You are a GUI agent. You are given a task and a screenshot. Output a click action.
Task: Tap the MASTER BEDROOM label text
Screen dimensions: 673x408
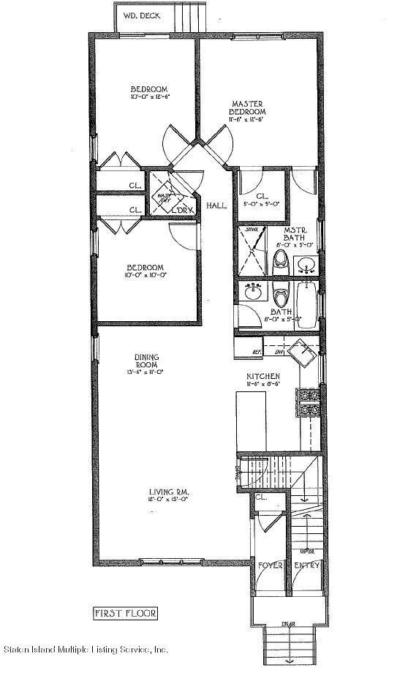249,108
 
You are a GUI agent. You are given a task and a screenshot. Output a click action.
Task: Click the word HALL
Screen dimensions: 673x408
216,206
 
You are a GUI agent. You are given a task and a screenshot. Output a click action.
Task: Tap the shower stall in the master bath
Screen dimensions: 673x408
253,249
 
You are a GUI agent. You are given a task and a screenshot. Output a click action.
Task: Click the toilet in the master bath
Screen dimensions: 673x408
281,261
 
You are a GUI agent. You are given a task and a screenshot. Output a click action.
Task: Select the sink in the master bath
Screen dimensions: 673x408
307,265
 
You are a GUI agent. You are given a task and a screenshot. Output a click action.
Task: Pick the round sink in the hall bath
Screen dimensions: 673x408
254,293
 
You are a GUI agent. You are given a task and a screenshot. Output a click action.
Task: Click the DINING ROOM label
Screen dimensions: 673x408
146,361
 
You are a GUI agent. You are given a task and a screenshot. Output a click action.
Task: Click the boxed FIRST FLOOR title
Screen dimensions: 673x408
126,612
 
